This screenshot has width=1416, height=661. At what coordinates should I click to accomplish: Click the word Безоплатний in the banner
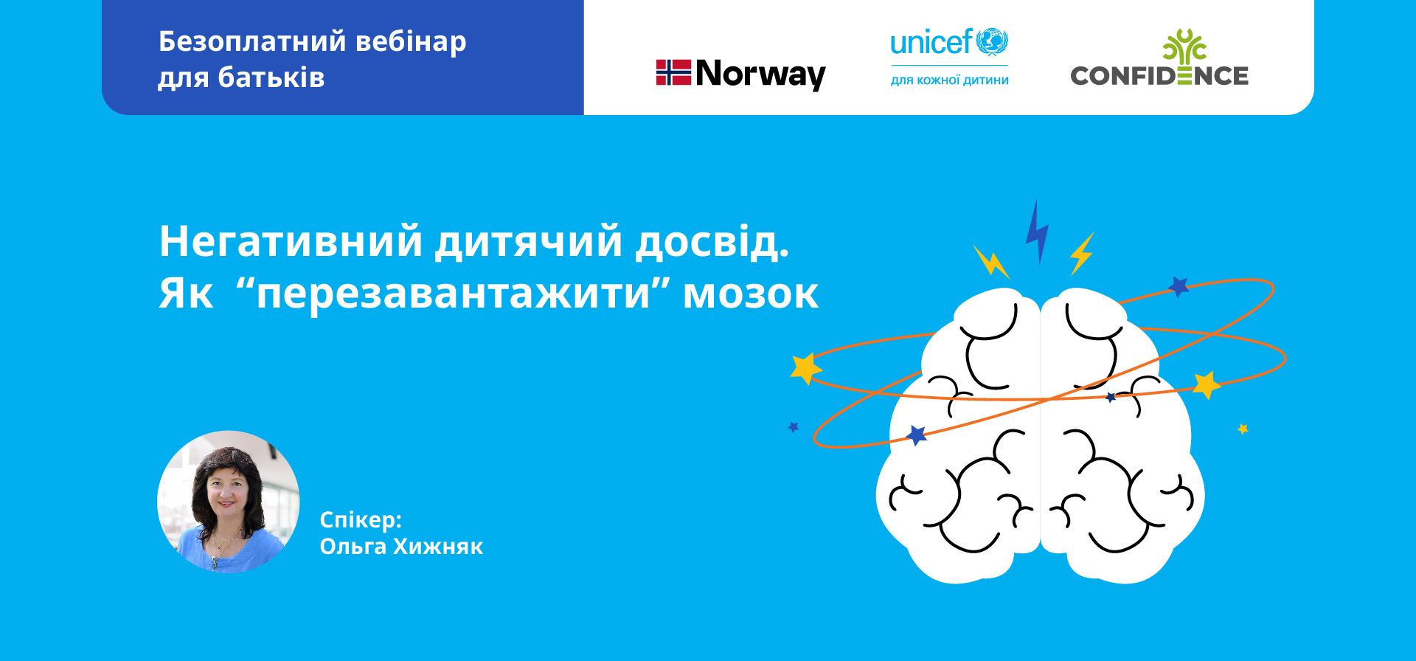point(252,43)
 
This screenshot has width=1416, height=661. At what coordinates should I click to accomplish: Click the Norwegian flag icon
point(673,73)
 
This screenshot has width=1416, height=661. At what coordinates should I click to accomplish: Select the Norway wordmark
point(760,75)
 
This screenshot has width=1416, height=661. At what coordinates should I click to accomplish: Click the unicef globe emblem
point(992,42)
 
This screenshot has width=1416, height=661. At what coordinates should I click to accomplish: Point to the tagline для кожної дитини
point(949,80)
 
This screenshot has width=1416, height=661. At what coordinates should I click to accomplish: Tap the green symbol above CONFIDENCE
point(1184,46)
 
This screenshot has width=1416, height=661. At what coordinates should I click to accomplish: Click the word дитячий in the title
point(529,243)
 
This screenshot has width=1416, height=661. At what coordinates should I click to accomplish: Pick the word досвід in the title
point(712,242)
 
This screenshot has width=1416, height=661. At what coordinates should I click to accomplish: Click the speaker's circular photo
point(229,502)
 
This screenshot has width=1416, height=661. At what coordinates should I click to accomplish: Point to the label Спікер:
point(361,521)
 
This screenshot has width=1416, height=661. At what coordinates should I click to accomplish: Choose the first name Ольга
point(353,547)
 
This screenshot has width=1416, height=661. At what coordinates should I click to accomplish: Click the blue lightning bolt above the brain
point(1037,231)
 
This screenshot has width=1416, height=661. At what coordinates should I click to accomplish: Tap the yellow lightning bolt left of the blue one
point(990,261)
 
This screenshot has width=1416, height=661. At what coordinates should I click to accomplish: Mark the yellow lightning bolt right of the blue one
point(1082,254)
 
